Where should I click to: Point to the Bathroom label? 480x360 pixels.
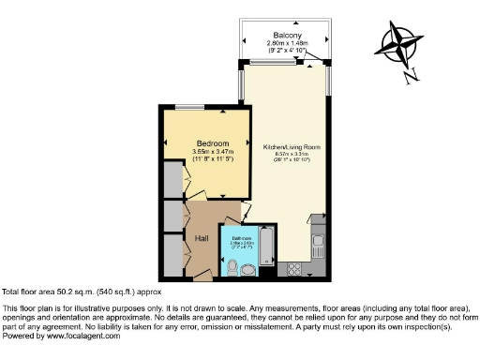coord(242,239)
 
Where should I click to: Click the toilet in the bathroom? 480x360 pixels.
coord(232,267)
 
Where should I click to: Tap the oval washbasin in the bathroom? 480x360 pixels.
coord(249,271)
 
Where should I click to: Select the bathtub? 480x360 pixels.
coord(264,248)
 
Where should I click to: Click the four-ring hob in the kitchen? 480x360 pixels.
coord(292,269)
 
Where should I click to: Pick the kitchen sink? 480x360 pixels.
coord(318,247)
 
